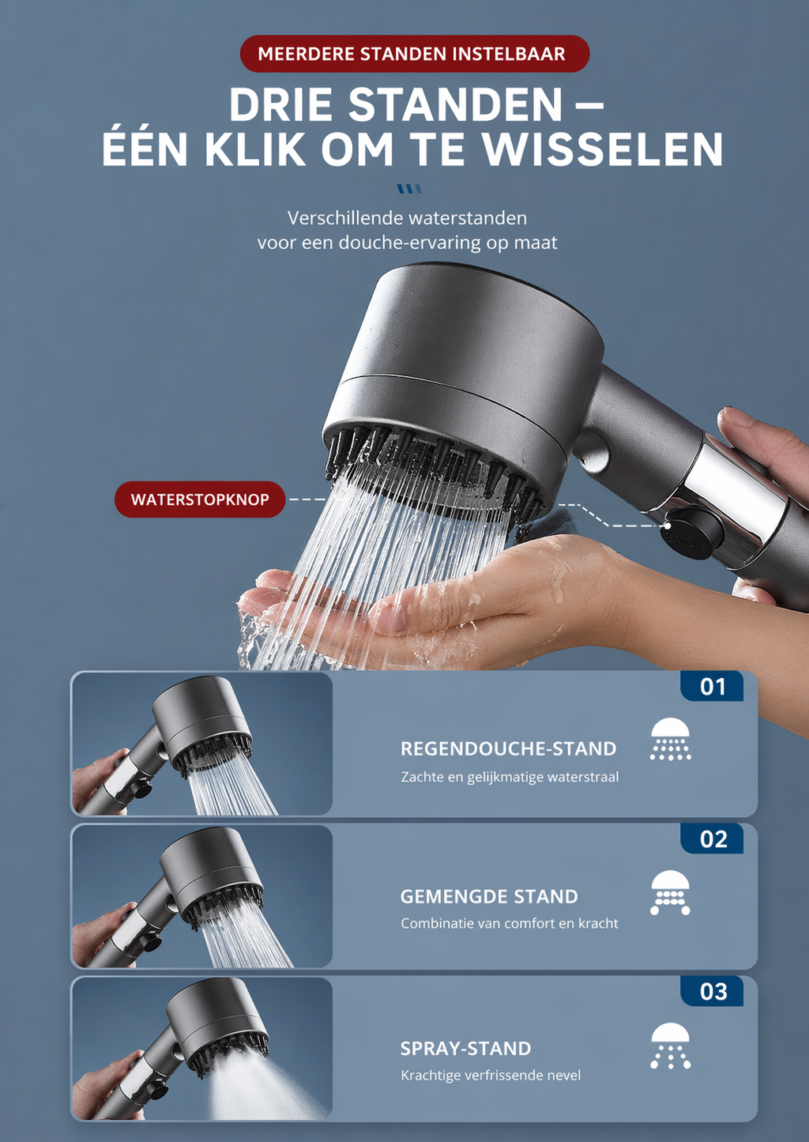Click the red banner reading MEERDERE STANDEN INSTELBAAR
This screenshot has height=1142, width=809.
414,54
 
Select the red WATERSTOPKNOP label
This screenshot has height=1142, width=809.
200,499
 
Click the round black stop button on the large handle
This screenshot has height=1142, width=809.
692,533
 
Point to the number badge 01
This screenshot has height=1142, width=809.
713,687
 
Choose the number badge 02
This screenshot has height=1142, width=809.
713,839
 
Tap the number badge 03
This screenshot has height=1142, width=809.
713,992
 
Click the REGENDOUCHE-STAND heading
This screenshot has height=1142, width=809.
508,748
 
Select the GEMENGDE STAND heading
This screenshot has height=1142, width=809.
489,896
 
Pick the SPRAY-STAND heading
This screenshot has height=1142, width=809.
465,1049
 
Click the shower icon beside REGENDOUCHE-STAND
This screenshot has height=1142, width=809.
670,740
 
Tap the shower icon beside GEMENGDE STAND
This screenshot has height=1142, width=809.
670,893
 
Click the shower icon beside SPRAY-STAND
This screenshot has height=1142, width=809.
670,1046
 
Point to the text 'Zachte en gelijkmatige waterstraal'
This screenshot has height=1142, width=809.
510,777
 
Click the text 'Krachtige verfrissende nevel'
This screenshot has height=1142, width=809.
491,1075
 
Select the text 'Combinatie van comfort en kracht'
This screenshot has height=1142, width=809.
510,923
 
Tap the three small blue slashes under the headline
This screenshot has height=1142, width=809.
409,189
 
